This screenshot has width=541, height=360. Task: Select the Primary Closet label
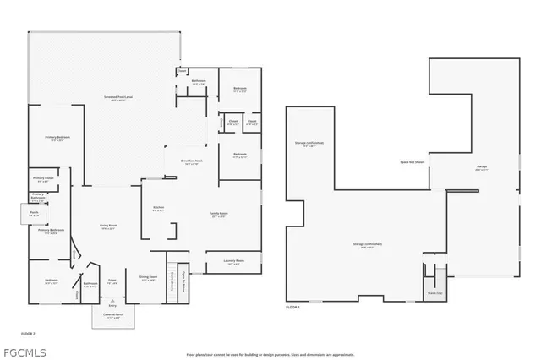click(x=44, y=178)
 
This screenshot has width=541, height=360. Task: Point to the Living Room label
click(x=108, y=226)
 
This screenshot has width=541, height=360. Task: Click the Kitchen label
click(x=158, y=208)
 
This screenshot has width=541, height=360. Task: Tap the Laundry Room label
click(x=234, y=260)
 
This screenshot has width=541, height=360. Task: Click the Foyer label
click(x=112, y=281)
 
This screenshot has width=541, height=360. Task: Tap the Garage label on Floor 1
click(x=481, y=167)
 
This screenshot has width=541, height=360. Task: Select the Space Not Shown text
click(x=413, y=161)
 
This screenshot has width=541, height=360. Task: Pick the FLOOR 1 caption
click(x=293, y=307)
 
